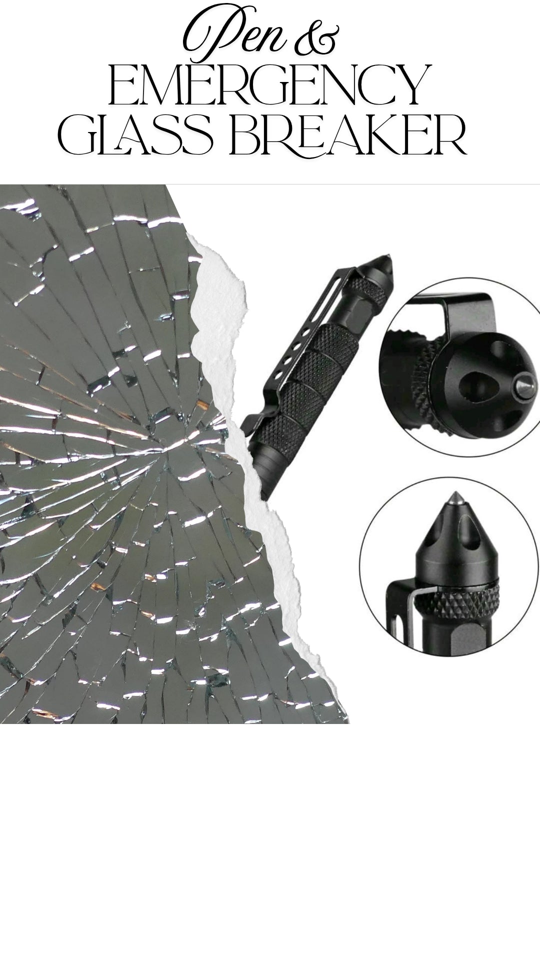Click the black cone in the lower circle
click(x=455, y=540)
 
